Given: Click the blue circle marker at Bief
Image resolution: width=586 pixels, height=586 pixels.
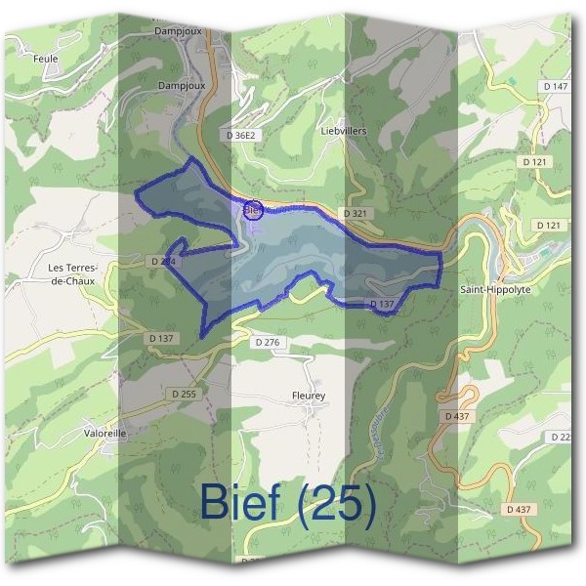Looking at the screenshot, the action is [252, 210].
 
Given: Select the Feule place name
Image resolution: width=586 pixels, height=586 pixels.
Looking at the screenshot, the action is [45, 59].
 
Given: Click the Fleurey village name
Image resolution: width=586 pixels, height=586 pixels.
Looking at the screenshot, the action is [308, 396].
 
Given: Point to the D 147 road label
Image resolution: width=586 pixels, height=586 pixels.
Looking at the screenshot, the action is [554, 87].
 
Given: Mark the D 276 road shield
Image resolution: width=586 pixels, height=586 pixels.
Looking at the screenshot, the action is [267, 343].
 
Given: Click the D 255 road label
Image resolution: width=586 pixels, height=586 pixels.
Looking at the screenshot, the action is [183, 394].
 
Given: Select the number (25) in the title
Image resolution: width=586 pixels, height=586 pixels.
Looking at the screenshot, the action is [337, 502].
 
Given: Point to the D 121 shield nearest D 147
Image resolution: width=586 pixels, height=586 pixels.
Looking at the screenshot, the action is [535, 161].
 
